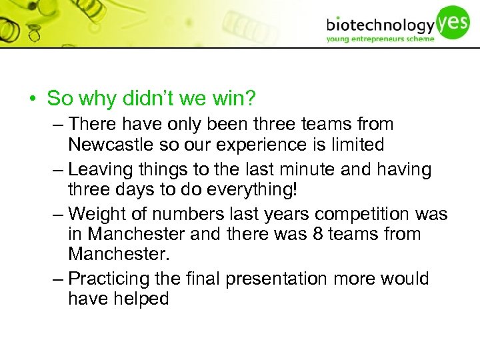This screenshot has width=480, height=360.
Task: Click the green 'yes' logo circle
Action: point(453,21)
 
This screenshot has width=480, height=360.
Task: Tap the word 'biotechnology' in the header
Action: point(380,26)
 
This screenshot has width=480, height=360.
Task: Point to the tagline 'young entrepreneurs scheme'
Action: point(380,39)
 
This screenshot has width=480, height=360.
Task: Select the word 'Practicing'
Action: point(111,279)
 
